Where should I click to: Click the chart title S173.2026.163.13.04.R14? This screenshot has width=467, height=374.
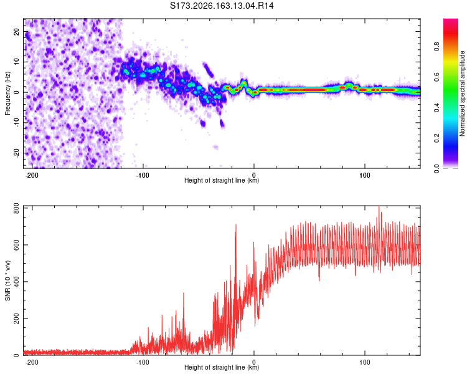point(222,6)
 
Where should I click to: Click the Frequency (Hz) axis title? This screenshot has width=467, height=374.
point(7,93)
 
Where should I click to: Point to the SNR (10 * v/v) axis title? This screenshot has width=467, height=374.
point(7,280)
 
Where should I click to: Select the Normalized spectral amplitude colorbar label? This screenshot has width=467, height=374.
point(462,93)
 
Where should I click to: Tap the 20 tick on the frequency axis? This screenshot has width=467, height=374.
point(16,32)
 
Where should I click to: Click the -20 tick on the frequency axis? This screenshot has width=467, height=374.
point(16,153)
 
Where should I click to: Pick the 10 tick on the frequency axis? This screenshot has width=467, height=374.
point(16,62)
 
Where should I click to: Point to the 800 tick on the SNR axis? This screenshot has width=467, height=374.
point(16,208)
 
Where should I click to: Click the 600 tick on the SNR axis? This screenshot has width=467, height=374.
point(16,245)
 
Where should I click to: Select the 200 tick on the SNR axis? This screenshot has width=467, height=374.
point(16,319)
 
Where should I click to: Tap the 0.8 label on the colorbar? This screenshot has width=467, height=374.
point(436,46)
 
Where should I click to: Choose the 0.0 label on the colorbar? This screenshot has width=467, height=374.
point(436,168)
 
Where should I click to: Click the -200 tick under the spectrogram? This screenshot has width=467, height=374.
point(32,175)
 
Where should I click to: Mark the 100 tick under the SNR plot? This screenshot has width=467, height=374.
point(364,362)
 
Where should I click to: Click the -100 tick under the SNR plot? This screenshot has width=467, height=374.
point(143,362)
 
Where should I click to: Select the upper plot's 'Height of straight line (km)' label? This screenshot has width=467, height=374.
point(222,180)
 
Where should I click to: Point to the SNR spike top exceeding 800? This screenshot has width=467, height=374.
point(379,206)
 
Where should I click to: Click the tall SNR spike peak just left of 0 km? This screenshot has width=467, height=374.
point(236,225)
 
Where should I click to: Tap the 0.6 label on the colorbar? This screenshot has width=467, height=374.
point(436,77)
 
